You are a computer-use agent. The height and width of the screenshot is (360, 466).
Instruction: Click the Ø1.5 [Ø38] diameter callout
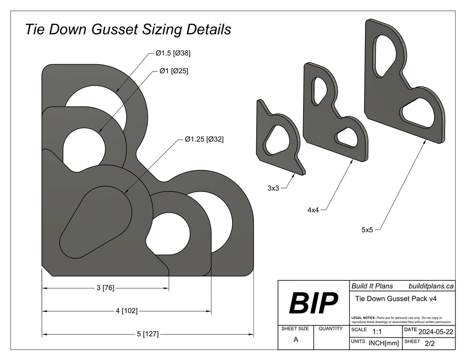[x=172, y=53]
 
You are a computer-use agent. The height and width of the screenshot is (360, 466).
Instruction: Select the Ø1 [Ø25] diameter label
[x=173, y=71]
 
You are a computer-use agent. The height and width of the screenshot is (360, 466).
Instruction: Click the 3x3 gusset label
[x=273, y=188]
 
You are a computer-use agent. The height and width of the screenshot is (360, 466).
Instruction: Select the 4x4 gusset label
[x=313, y=210]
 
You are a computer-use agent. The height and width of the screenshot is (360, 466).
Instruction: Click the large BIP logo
[x=314, y=303]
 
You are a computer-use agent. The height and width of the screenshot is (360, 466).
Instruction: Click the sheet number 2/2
[x=429, y=343]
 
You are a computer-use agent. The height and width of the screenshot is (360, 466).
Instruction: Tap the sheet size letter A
[x=296, y=339]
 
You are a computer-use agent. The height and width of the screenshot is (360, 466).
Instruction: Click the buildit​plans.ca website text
[x=431, y=286]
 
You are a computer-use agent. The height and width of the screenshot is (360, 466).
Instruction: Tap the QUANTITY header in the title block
[x=331, y=329]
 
